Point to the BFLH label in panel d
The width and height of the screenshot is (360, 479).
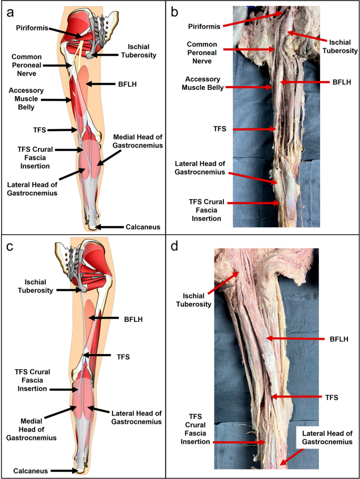pos(332,340)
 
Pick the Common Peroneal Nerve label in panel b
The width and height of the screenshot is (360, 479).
pos(202,49)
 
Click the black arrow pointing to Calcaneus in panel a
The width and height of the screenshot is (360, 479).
pos(111,227)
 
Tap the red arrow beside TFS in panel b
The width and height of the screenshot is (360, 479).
pos(256,129)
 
